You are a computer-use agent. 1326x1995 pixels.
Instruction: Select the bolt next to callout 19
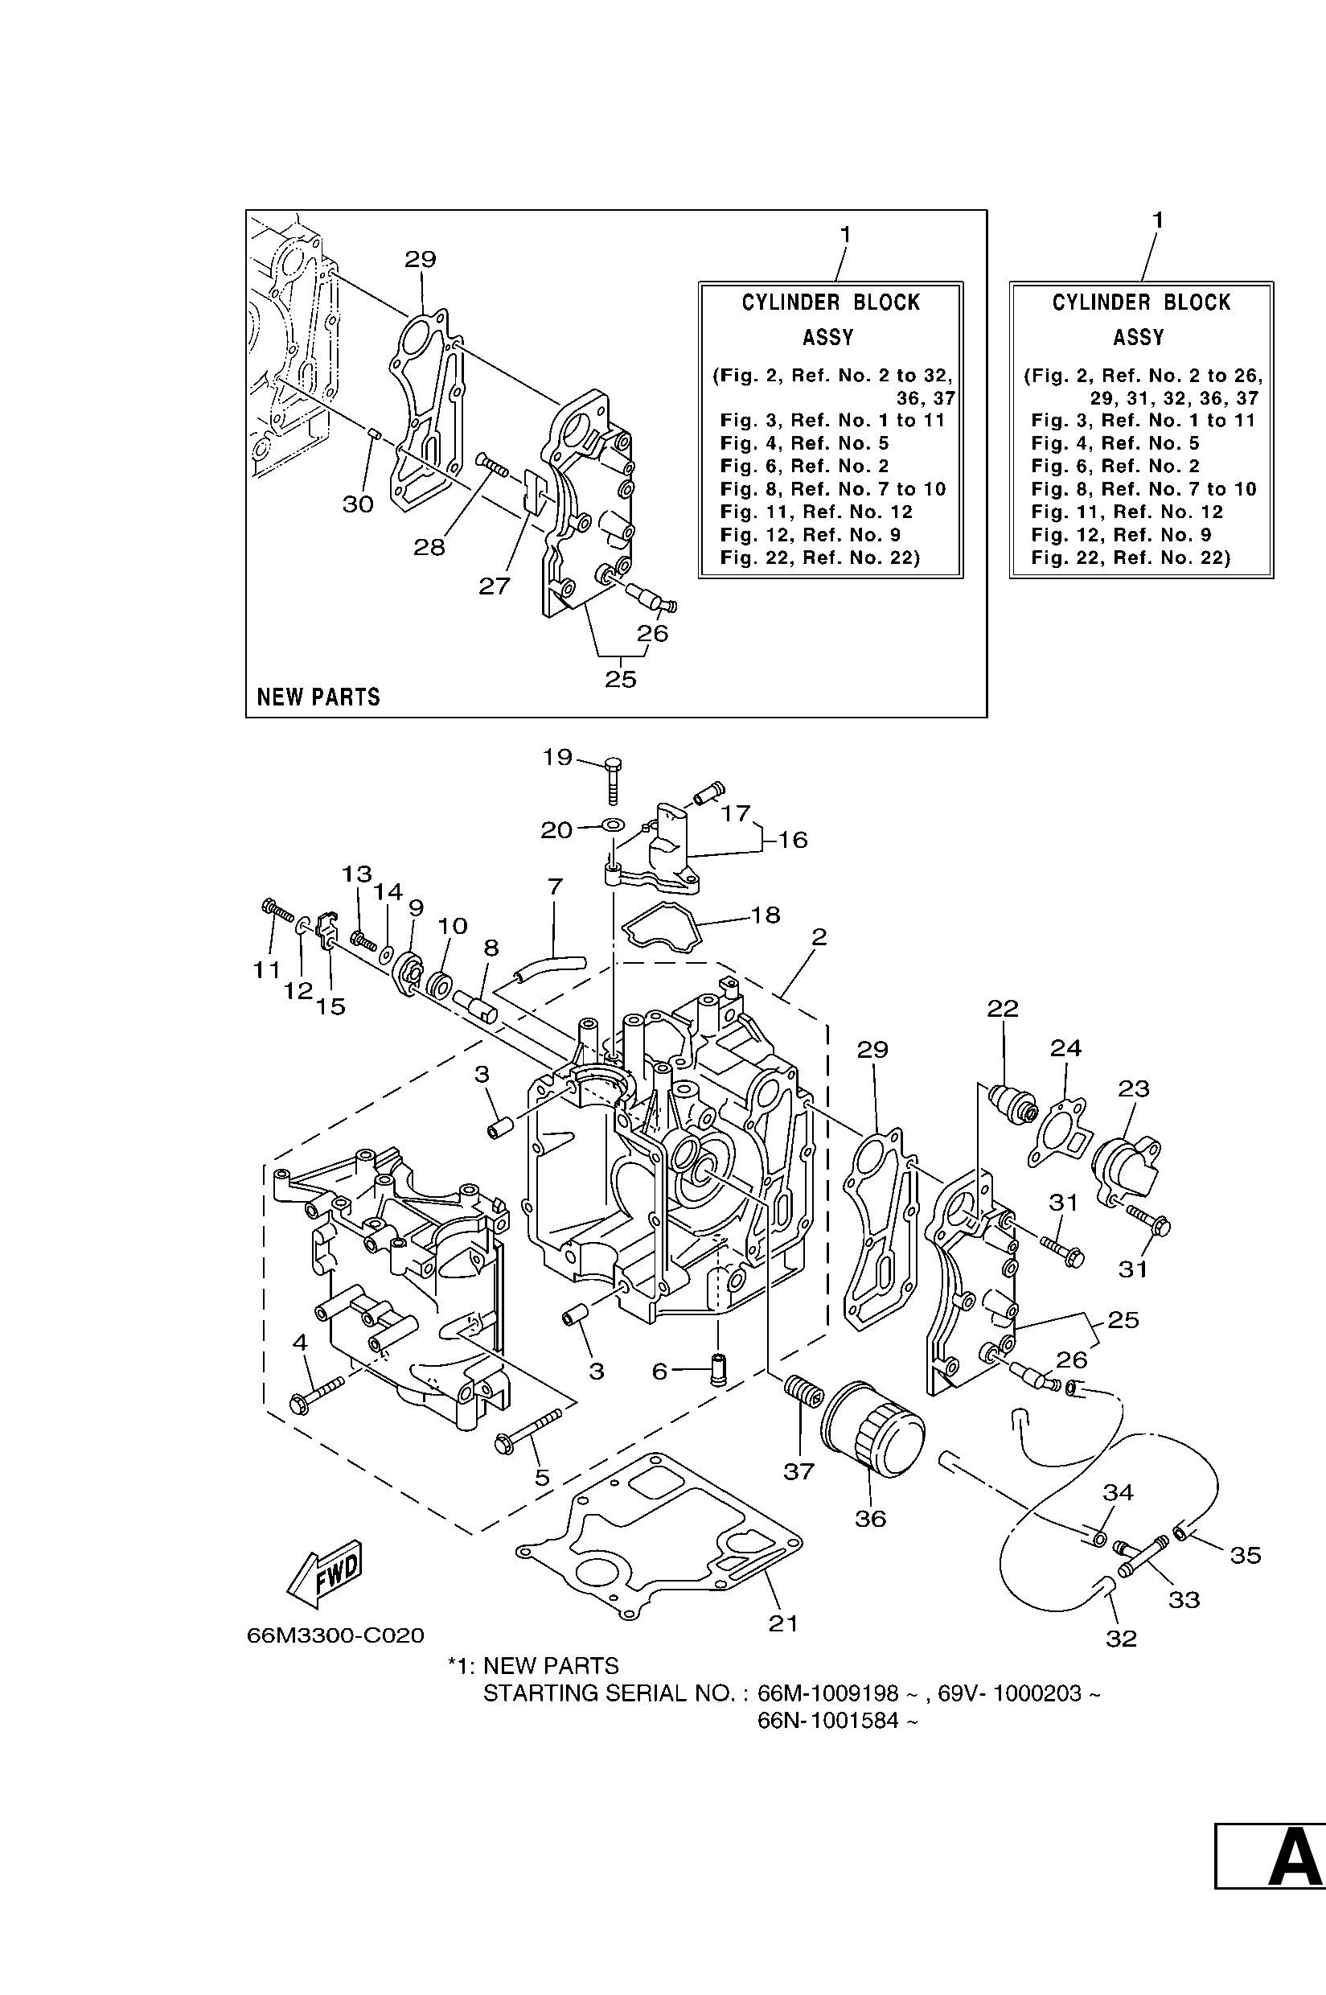(613, 778)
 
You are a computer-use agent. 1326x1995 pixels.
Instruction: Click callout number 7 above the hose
(555, 886)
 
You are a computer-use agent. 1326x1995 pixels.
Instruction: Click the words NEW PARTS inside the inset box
(318, 697)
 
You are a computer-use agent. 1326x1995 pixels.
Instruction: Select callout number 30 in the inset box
(358, 504)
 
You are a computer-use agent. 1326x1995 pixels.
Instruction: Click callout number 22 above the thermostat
(1003, 1008)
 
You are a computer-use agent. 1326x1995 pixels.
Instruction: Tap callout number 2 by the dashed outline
(819, 936)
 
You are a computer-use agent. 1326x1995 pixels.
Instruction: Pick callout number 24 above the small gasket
(1065, 1048)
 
